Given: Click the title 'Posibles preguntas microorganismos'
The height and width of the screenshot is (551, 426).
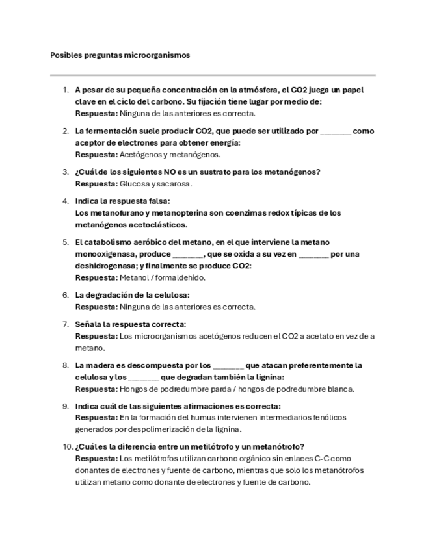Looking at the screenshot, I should coord(120,55).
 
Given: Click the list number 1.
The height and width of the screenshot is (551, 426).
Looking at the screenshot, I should coord(66,90).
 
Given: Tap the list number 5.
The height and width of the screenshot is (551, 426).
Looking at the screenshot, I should coord(66,242).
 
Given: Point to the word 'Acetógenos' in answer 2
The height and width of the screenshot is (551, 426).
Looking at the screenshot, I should coord(140,155).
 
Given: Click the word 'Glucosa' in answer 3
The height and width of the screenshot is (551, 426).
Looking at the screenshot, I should coord(135,184).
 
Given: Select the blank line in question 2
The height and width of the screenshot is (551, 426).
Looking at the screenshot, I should coord(336,131).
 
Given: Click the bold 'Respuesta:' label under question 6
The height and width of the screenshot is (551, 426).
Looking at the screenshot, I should coord(96,307).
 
